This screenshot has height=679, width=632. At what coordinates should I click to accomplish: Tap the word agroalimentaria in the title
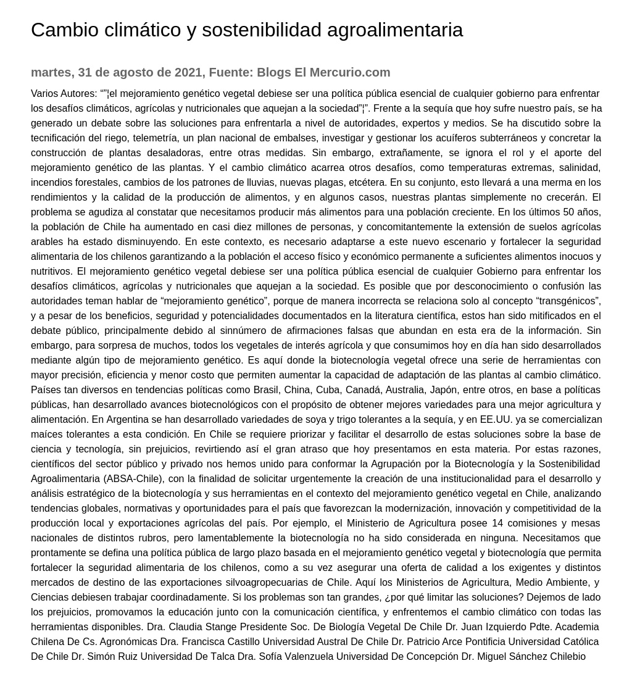pos(394,30)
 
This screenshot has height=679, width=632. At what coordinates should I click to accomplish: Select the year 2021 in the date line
pos(188,72)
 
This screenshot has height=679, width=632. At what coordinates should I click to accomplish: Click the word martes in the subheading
pos(51,72)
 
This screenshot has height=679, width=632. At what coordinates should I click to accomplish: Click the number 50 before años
pos(568,212)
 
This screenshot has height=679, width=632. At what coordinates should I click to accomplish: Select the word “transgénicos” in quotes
pos(568,301)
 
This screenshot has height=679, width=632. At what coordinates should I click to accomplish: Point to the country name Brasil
pos(266,389)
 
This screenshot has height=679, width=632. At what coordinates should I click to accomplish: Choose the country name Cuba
pos(328,389)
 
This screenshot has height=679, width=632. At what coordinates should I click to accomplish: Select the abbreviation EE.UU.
pos(496,419)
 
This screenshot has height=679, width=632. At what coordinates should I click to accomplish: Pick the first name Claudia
pos(186,627)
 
